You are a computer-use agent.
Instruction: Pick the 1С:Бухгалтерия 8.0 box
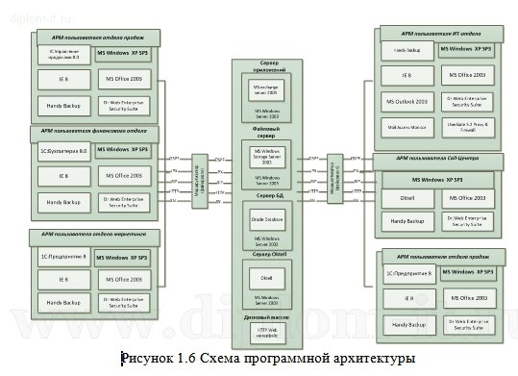coord(62,150)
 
